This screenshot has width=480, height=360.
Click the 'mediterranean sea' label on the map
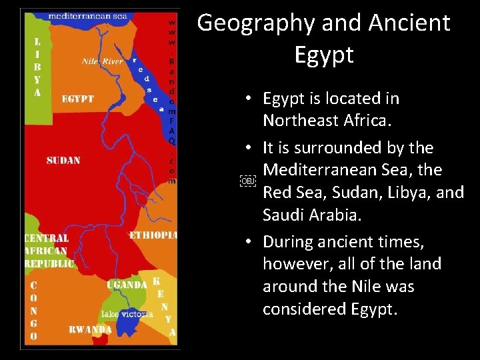[88, 15]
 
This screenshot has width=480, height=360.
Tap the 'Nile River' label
[103, 62]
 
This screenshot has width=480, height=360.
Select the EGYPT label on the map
[78, 99]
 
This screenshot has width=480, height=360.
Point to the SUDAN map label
[63, 161]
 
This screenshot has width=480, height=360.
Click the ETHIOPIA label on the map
[153, 235]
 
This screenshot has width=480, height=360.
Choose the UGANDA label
[127, 285]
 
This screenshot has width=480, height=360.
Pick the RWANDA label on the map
[90, 329]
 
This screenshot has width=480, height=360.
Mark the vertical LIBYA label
[37, 67]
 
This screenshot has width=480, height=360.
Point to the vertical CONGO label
[33, 311]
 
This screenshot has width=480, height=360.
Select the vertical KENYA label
[164, 307]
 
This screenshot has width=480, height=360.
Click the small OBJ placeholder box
[247, 181]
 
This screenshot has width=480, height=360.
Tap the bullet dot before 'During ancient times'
[247, 241]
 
